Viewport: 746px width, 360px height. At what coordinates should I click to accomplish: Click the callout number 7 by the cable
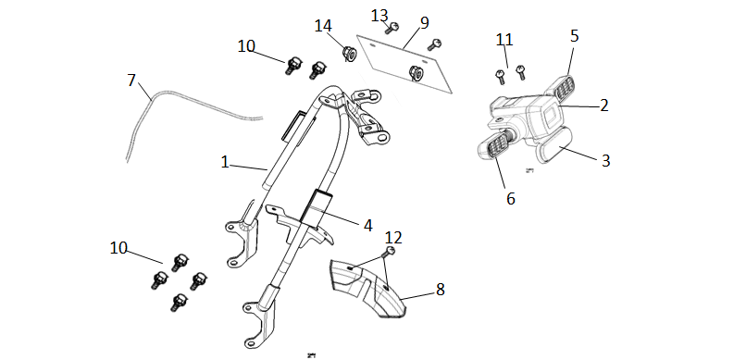click(131, 81)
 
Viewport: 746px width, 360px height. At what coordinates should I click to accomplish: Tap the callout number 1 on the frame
click(225, 162)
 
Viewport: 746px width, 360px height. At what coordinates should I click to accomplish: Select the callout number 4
click(367, 226)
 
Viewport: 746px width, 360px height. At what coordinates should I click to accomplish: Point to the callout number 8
click(440, 289)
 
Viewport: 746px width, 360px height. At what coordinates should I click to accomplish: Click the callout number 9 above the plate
click(425, 22)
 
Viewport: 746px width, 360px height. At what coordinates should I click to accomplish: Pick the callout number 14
click(323, 26)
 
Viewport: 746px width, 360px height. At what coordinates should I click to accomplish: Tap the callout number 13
click(379, 16)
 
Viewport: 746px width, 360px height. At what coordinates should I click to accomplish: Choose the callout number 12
click(393, 237)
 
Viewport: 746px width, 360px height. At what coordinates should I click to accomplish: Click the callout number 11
click(504, 40)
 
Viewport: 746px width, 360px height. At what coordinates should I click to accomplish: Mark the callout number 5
click(574, 36)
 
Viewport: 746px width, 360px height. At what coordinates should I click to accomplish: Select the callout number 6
click(511, 199)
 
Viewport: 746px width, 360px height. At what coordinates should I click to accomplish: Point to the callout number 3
click(605, 161)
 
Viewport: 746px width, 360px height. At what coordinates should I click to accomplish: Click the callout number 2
click(603, 106)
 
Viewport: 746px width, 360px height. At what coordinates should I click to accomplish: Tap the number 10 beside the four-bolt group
click(118, 248)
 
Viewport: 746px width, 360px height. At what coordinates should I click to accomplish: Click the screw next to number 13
click(392, 28)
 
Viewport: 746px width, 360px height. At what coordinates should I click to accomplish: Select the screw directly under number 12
click(391, 251)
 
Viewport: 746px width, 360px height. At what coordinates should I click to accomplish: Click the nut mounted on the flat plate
click(417, 73)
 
